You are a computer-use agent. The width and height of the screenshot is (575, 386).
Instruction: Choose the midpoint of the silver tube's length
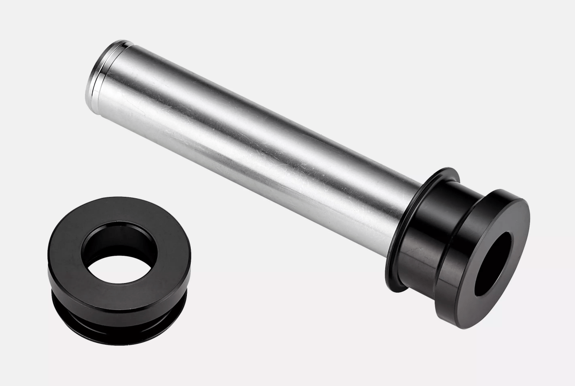(249, 144)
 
